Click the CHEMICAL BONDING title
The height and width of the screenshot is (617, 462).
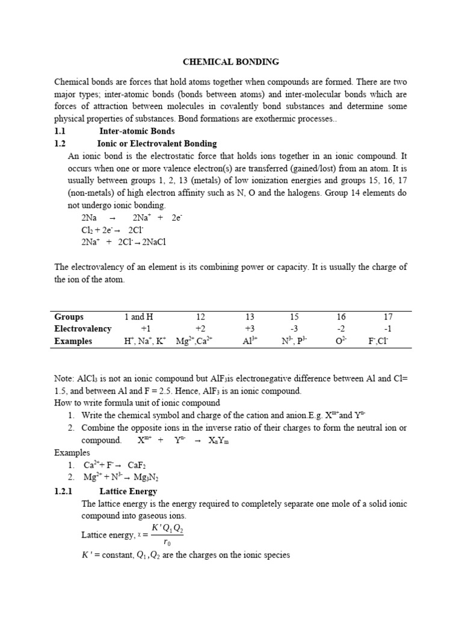(x=231, y=61)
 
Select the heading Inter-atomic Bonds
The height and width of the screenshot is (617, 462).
(x=137, y=131)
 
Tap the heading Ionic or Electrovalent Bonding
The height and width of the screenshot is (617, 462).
(x=156, y=143)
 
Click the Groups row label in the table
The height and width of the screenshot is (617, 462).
(x=69, y=316)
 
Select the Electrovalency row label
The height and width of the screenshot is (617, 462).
(x=83, y=328)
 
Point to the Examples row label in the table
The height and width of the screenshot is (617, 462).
(x=73, y=341)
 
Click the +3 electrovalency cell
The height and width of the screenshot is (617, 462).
(x=250, y=328)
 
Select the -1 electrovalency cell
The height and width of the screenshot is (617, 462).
(x=387, y=328)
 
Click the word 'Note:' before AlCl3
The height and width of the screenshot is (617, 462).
(x=64, y=378)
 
